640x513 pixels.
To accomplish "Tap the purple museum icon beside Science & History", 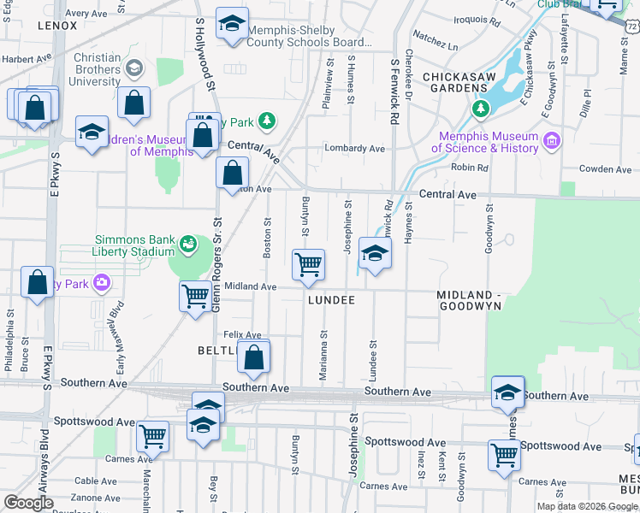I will point(551,140).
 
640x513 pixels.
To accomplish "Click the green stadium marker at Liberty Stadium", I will point(187,246).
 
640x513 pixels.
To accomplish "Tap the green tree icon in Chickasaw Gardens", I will point(481,109).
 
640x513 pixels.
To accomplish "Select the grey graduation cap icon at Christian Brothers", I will point(133,68).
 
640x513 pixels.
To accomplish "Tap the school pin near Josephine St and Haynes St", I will point(375,253).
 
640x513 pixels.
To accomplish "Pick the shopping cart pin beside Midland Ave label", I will point(195,296).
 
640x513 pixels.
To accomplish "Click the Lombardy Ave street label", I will point(354,148).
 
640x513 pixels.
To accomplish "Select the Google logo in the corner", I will point(29,503).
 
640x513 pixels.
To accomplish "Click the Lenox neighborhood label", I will point(57,26).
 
